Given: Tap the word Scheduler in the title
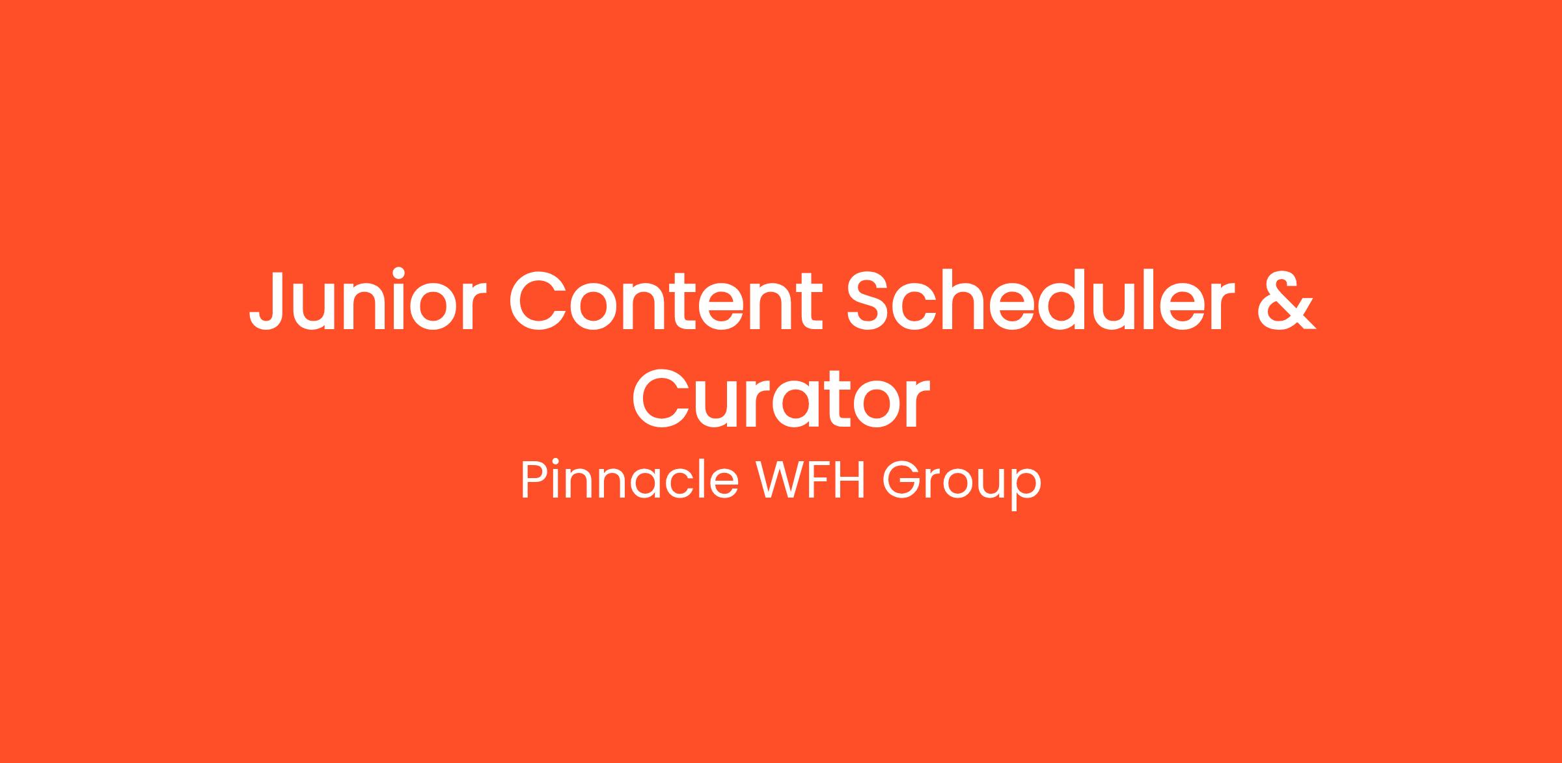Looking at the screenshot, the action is pos(1040,300).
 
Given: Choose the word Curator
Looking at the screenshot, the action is pos(780,398).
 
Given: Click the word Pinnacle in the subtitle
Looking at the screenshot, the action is pos(629,480).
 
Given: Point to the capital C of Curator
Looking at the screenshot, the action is pos(662,398).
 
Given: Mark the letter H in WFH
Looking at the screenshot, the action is pos(851,481).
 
